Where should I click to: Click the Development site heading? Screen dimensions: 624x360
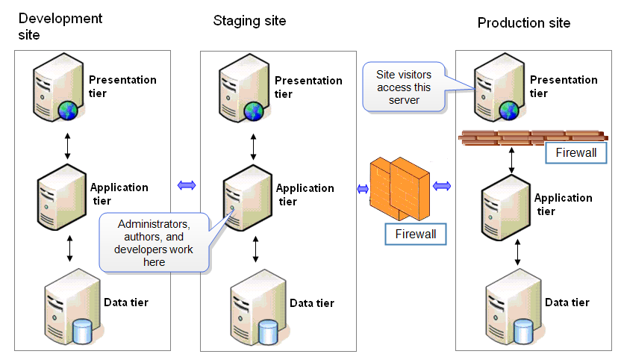click(60, 26)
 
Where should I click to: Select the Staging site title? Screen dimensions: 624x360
click(249, 21)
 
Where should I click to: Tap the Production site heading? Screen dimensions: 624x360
click(524, 22)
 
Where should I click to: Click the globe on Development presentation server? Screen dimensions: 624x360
click(68, 111)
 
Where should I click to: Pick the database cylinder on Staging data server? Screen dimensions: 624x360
click(268, 332)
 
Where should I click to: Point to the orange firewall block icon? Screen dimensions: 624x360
click(399, 189)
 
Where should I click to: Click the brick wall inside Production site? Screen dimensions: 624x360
click(533, 137)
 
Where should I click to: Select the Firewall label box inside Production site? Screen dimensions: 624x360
click(575, 152)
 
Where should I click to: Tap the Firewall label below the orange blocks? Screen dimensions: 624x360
click(416, 235)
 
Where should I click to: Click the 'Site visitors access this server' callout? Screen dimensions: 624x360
click(404, 87)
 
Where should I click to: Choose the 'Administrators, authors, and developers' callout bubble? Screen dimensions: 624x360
click(154, 243)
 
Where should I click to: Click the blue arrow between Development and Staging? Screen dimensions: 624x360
click(187, 185)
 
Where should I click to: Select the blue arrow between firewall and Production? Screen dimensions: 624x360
click(442, 185)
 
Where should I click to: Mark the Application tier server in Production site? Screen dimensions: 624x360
click(506, 207)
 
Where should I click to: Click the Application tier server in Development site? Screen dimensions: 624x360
click(61, 196)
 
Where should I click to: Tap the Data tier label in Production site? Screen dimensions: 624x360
click(567, 302)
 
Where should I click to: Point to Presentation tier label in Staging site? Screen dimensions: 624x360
click(308, 87)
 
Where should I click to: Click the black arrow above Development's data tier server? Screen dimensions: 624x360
click(70, 249)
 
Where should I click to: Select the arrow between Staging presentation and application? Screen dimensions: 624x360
click(254, 147)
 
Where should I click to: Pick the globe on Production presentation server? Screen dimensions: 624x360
click(509, 111)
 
